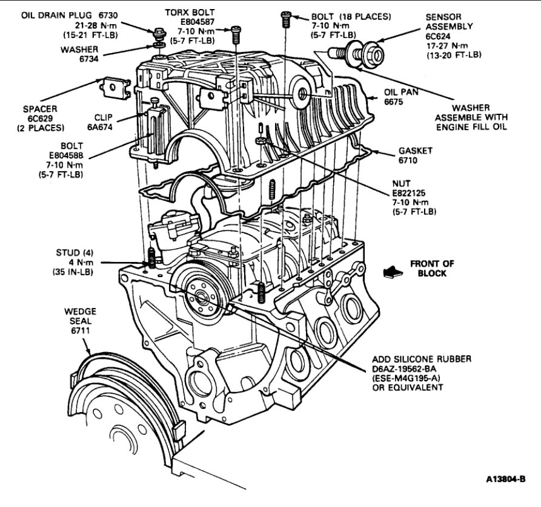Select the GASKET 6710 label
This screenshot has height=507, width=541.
pyautogui.click(x=415, y=154)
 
